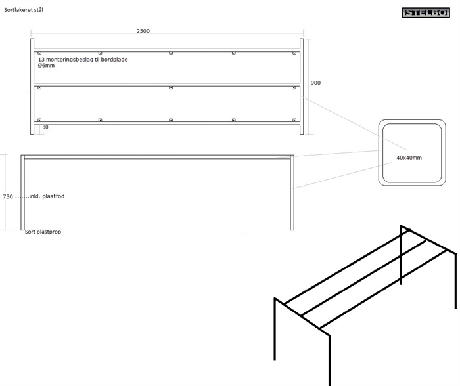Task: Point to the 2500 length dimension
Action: pos(143,31)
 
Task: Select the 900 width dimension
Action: pos(315,83)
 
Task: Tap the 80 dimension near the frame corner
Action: pos(45,127)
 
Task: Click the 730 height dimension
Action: pos(8,196)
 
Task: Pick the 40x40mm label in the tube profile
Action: pos(409,158)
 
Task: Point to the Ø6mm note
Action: pos(47,66)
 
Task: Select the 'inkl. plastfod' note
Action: pos(47,196)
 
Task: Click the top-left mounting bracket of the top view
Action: pos(39,53)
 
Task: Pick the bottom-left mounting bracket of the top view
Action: pos(39,120)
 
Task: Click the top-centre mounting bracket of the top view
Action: pos(170,53)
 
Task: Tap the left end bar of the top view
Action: pos(32,86)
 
